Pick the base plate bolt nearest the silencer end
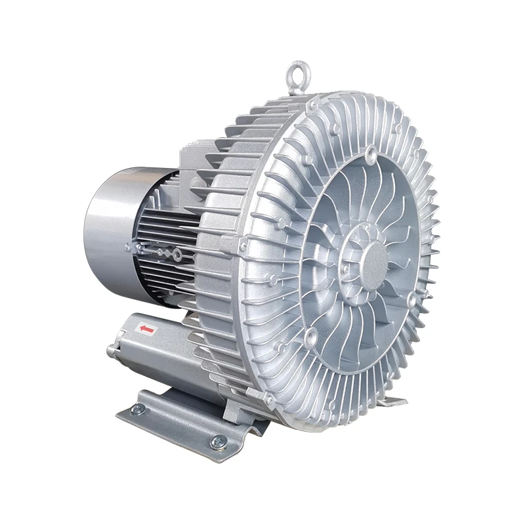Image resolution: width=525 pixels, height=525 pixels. pos(136,409)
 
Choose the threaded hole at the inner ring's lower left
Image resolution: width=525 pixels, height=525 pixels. pos(310,338)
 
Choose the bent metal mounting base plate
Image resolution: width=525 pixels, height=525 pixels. pos(184,420)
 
